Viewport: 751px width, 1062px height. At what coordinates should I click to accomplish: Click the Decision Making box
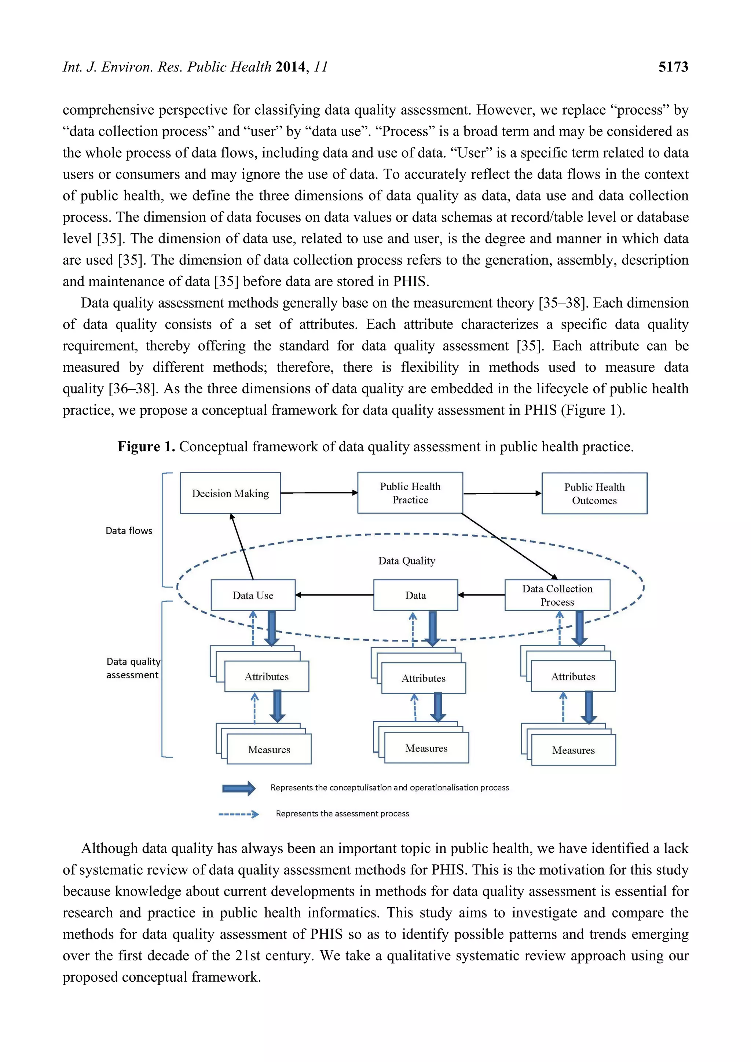click(230, 493)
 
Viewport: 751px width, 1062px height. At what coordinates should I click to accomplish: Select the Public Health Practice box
click(410, 493)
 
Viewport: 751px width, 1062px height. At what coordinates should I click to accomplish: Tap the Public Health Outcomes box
click(594, 493)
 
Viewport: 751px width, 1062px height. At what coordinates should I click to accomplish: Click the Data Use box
click(253, 595)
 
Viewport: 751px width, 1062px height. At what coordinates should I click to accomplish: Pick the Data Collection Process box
click(557, 595)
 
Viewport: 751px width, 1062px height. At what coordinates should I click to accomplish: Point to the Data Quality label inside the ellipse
click(407, 561)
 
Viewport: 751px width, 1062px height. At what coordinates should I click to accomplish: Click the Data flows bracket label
click(129, 531)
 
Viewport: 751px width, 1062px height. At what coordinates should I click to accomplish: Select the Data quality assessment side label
click(133, 668)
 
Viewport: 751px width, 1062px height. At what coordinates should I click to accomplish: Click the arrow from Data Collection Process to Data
click(481, 595)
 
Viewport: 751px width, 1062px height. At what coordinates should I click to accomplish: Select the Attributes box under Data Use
click(267, 677)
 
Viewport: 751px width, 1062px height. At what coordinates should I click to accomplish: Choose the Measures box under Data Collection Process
click(573, 750)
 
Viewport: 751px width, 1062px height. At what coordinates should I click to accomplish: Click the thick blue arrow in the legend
click(239, 788)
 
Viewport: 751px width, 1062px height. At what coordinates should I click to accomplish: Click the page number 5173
click(673, 67)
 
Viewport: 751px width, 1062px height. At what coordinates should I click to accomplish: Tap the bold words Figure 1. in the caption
click(146, 447)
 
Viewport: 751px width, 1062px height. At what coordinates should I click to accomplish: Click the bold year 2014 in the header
click(290, 67)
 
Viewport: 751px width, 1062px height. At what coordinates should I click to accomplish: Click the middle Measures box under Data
click(426, 749)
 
